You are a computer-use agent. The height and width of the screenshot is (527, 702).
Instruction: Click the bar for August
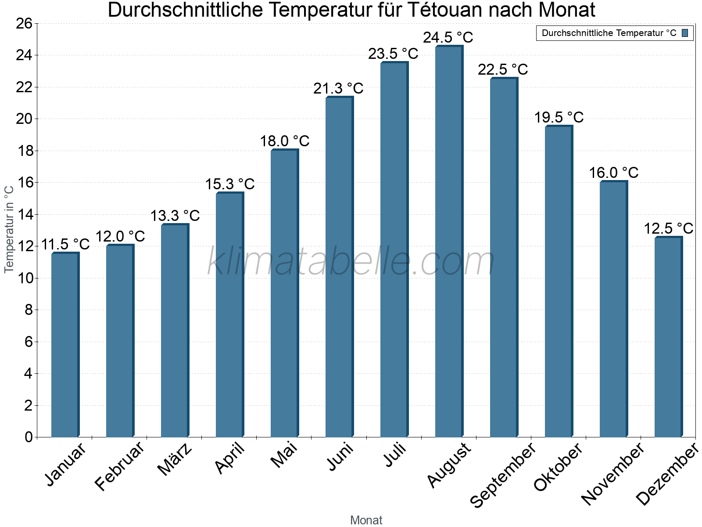(449, 242)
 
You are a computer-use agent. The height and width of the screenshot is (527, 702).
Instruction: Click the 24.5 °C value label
(448, 37)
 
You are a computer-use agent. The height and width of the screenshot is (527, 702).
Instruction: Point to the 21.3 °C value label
(338, 88)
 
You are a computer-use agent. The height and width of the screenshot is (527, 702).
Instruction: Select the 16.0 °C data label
(613, 173)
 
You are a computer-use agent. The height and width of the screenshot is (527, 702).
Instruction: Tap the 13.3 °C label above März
(175, 216)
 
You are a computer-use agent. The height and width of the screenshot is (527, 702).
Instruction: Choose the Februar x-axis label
(119, 466)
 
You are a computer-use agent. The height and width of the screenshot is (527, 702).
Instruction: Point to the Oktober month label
(558, 466)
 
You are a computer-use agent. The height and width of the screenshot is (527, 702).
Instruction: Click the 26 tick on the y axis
(25, 23)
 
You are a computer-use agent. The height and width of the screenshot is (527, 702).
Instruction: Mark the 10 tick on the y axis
(25, 278)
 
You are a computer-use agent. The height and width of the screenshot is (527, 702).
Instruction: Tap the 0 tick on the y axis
(29, 437)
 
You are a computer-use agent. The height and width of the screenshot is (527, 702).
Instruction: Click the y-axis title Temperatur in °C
(9, 229)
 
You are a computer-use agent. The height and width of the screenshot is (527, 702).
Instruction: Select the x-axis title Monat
(366, 520)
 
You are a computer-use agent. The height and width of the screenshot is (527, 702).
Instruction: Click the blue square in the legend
(685, 33)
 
